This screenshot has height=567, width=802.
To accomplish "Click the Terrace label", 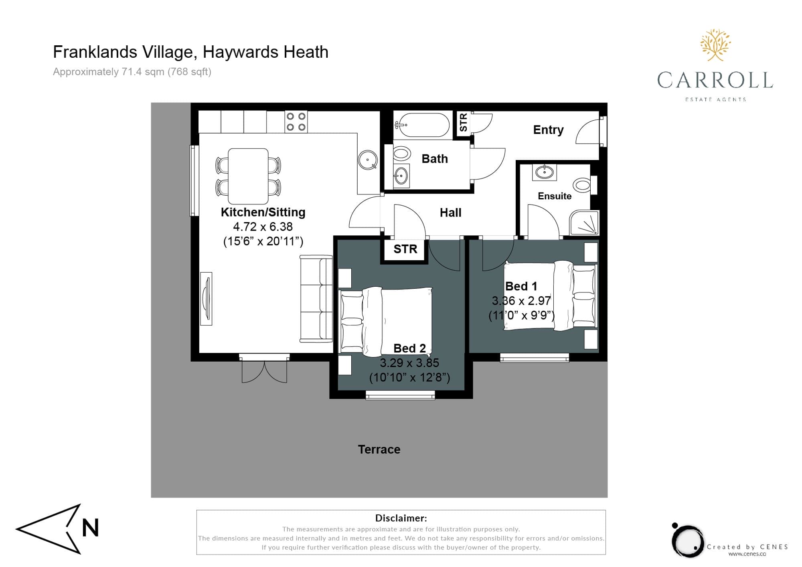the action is [379, 449].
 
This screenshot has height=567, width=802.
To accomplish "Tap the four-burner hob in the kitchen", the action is [296, 121].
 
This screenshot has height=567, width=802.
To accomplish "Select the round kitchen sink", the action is [367, 160].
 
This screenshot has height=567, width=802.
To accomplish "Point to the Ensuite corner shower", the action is [585, 223].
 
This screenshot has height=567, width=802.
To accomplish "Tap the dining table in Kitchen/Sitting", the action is [248, 176].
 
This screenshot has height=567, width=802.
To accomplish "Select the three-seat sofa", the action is [316, 299].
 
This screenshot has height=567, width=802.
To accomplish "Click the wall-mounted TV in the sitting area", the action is [207, 299].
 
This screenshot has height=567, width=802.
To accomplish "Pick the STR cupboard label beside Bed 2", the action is [405, 249].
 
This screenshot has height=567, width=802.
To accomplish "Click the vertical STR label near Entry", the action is [463, 122].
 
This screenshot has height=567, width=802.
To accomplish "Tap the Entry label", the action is [548, 130].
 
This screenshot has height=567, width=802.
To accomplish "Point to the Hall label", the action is [450, 213].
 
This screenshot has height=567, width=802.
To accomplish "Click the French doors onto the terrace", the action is [264, 369].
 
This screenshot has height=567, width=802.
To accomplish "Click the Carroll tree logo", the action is [716, 45].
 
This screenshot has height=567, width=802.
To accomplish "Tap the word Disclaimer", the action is [401, 518].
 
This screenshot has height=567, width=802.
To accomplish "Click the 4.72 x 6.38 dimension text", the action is [263, 227].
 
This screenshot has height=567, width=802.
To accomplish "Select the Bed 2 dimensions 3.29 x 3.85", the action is [409, 363].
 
